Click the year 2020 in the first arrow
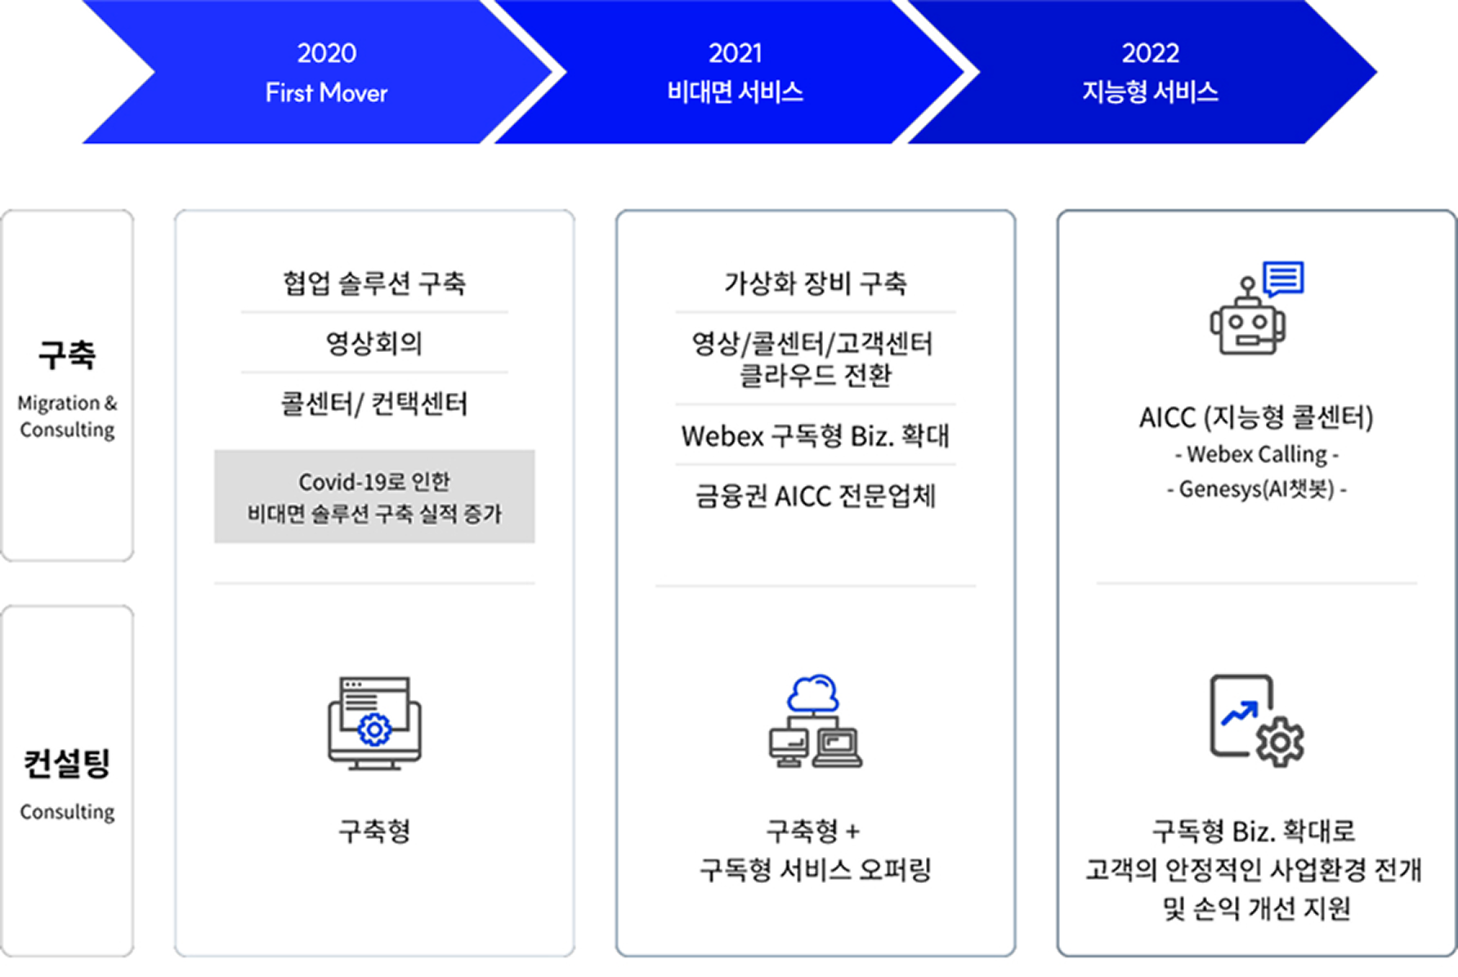coord(326,53)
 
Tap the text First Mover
coord(326,93)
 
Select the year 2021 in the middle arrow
coord(735,53)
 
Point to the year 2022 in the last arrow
coord(1150,53)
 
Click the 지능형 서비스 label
coord(1150,91)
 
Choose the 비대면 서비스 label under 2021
coord(735,91)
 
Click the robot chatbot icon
coord(1247,321)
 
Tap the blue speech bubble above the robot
coord(1283,279)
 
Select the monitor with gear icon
coord(374,723)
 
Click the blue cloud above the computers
coord(813,694)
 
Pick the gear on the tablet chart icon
coord(1280,741)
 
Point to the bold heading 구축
coord(67,355)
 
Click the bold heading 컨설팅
coord(67,763)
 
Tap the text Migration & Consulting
coord(67,416)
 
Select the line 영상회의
coord(374,343)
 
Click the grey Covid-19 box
coord(374,497)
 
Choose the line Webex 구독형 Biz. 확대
coord(815,436)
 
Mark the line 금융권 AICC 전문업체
coord(815,496)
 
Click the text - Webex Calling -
coord(1256,454)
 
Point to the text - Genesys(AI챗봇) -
coord(1256,489)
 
